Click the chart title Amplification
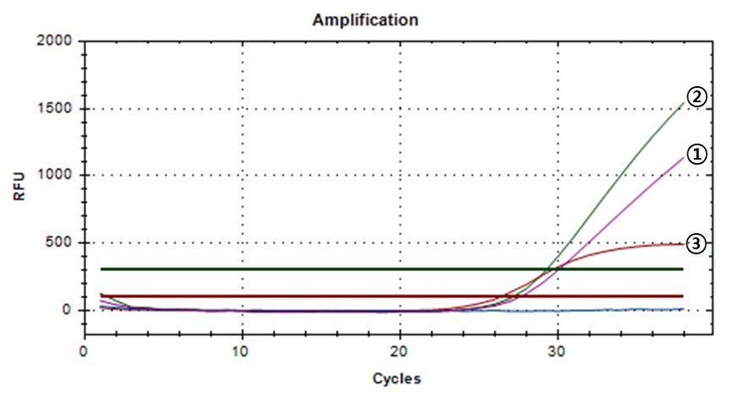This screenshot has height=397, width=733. point(365,19)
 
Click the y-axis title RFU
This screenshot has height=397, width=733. point(19,185)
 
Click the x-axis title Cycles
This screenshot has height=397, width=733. point(396,378)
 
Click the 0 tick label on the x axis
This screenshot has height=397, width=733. point(84,351)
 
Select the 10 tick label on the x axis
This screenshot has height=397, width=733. point(242,351)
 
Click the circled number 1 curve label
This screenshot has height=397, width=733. point(696,154)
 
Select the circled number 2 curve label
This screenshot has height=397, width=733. point(696,97)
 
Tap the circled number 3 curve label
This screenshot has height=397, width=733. point(696,244)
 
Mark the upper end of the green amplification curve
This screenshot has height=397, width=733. point(683,103)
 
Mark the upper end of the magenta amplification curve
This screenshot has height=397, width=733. point(683,157)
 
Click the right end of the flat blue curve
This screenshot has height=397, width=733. point(682,309)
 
